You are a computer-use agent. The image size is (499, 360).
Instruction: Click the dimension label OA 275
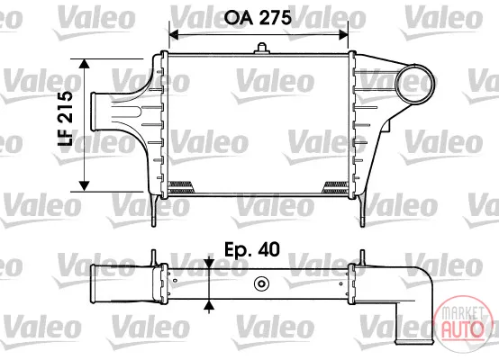pyautogui.click(x=258, y=17)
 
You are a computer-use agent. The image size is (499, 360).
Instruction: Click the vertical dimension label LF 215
pyautogui.click(x=65, y=118)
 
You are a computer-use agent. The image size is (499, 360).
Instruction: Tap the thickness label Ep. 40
pyautogui.click(x=252, y=249)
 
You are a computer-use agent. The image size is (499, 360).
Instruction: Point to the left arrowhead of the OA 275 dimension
pyautogui.click(x=174, y=34)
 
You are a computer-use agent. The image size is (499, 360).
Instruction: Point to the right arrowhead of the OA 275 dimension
pyautogui.click(x=343, y=34)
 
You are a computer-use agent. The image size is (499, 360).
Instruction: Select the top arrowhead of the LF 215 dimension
pyautogui.click(x=84, y=64)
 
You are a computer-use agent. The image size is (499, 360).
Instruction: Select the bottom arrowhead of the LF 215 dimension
pyautogui.click(x=84, y=186)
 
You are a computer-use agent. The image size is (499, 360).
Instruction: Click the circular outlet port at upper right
pyautogui.click(x=414, y=84)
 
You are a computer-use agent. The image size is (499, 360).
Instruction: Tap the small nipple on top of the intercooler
pyautogui.click(x=261, y=48)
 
